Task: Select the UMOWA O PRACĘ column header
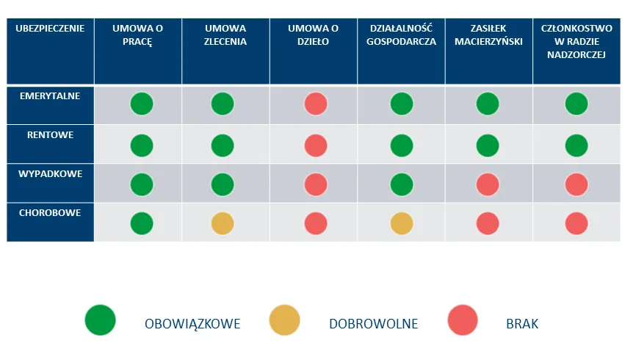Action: point(137,35)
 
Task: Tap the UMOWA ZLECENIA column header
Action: point(225,35)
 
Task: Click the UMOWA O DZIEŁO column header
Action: point(313,35)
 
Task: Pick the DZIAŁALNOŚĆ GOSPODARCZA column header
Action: point(400,35)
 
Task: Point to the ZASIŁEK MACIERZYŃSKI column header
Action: point(488,35)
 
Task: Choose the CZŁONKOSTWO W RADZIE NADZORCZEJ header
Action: point(577,42)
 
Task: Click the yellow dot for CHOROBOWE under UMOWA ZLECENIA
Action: point(223,223)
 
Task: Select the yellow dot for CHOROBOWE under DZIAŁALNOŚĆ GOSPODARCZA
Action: point(401,223)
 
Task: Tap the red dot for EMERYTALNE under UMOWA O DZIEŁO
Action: point(316,104)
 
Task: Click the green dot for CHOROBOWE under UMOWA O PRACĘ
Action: point(142,223)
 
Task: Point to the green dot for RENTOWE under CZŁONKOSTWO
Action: point(577,145)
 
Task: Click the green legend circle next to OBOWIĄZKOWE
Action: point(101,321)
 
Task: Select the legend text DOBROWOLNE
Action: point(373,324)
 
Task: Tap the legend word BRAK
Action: point(522,324)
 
